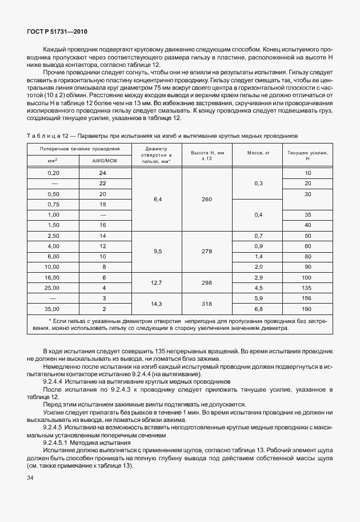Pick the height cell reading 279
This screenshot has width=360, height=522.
(207, 251)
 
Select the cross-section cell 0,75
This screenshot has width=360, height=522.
(54, 204)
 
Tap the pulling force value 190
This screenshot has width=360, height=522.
(307, 309)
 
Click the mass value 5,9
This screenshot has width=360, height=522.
(258, 298)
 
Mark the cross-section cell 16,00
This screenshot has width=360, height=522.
(54, 277)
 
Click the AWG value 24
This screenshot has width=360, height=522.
(103, 173)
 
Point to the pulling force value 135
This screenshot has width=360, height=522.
(307, 288)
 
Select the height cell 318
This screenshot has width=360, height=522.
(207, 304)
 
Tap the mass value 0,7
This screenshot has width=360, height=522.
(258, 236)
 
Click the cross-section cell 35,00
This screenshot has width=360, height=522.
(54, 309)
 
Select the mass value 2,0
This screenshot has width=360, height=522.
(258, 266)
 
